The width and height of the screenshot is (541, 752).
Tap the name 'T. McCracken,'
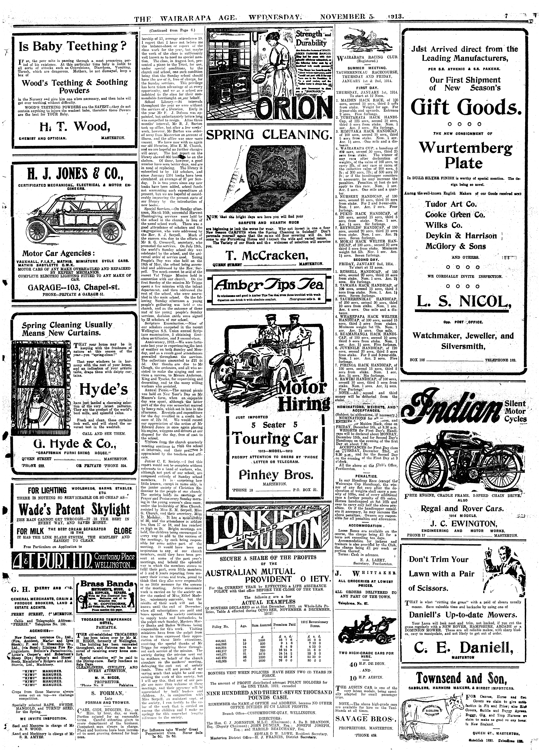pos(269,255)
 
